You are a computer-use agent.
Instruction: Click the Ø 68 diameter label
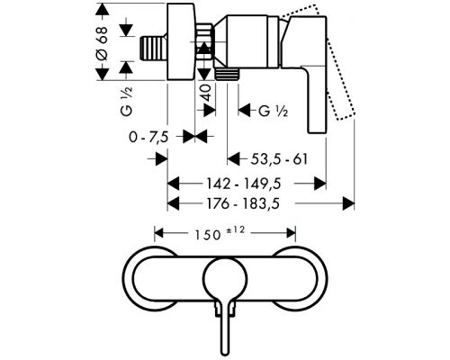click(103, 43)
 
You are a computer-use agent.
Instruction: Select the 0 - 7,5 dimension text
click(148, 138)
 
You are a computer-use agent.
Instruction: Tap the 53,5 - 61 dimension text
click(279, 159)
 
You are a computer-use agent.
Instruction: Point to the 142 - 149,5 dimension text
click(244, 184)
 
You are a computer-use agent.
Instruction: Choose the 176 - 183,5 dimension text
click(243, 204)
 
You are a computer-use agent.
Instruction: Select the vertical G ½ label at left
click(126, 102)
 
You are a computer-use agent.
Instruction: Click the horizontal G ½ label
click(273, 111)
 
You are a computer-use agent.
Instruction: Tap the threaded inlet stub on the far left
click(153, 49)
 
